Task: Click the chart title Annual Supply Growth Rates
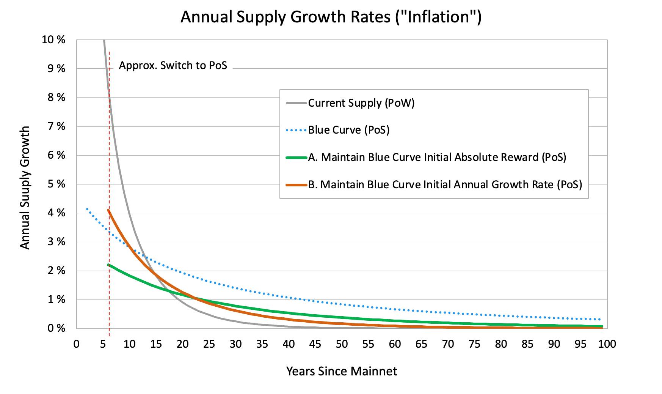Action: click(331, 17)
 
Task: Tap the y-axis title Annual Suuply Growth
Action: click(25, 188)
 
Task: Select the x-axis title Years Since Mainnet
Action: click(342, 371)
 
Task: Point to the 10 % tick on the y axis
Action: click(53, 39)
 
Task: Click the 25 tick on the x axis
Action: click(209, 344)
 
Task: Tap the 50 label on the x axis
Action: click(342, 344)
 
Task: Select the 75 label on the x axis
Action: click(475, 344)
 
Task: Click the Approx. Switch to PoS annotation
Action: click(173, 65)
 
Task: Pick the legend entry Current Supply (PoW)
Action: click(361, 103)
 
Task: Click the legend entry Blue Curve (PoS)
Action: click(349, 130)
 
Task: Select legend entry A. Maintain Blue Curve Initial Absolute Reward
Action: click(437, 157)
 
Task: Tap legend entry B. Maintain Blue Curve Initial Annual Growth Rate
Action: click(445, 184)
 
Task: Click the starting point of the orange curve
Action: click(108, 210)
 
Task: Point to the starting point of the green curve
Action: click(108, 265)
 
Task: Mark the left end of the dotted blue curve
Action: click(87, 209)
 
